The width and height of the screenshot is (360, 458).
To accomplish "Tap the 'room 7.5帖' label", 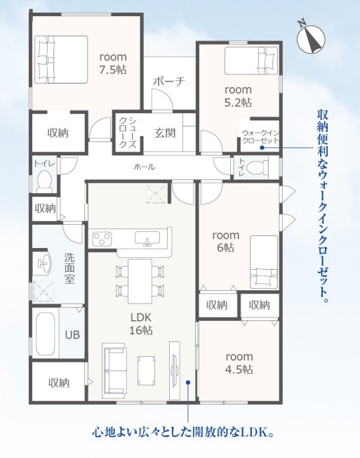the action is pyautogui.click(x=113, y=63).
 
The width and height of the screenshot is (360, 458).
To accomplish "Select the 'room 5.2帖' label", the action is pyautogui.click(x=238, y=96).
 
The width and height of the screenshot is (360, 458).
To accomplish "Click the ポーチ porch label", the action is pyautogui.click(x=169, y=81).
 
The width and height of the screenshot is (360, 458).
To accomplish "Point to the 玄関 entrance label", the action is pyautogui.click(x=165, y=133).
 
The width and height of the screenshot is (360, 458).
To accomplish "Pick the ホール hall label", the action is pyautogui.click(x=145, y=167).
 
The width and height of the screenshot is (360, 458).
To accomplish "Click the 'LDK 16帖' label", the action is pyautogui.click(x=141, y=324).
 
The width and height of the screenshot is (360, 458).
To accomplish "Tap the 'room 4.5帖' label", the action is pyautogui.click(x=239, y=363).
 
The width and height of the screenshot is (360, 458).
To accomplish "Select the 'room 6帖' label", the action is pyautogui.click(x=225, y=241).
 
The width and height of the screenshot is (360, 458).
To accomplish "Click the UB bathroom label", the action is pyautogui.click(x=72, y=335).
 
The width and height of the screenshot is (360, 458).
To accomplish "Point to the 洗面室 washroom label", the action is pyautogui.click(x=69, y=268).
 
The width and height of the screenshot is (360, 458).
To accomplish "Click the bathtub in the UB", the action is pyautogui.click(x=45, y=333).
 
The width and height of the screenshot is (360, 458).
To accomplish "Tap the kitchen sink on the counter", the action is pyautogui.click(x=147, y=238).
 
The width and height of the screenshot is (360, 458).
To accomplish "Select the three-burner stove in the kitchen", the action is pyautogui.click(x=102, y=239).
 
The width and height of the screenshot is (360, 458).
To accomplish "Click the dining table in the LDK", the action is pyautogui.click(x=140, y=281).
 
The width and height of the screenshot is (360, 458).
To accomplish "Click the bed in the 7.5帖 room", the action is pyautogui.click(x=61, y=60).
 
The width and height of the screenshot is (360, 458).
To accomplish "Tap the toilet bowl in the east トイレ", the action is pyautogui.click(x=258, y=168).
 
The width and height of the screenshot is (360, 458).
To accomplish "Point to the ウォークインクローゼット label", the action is pyautogui.click(x=260, y=137).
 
